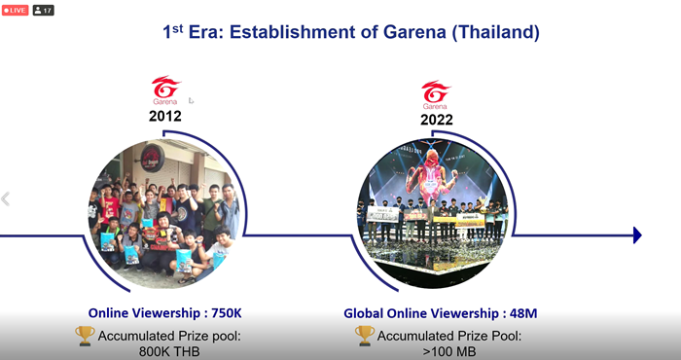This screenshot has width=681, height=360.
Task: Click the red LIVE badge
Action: coord(16,10)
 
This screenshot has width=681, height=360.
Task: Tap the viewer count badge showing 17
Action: coord(43,10)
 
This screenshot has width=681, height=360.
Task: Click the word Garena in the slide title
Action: coord(414,32)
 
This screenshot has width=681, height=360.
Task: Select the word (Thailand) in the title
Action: coord(495,32)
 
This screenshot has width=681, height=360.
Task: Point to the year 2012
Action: coord(165,116)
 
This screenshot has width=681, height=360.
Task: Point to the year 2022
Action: coord(437,120)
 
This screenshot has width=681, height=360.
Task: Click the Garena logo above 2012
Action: coord(165,90)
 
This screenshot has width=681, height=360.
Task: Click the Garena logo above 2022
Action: coord(436,94)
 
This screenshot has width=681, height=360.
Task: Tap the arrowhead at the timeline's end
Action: coord(637,235)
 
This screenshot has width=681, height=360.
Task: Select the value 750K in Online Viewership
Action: coord(227,313)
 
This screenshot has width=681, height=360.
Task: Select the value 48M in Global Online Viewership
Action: coord(523,313)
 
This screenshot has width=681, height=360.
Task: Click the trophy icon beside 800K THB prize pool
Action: coord(85,336)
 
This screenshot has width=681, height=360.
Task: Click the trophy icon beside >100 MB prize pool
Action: coord(365,336)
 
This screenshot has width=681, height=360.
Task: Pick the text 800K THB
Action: coord(169,351)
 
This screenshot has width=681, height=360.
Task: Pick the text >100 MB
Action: coord(449,351)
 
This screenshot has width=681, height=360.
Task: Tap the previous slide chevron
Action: coord(5,198)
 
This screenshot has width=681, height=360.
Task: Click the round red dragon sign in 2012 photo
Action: coord(153,158)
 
